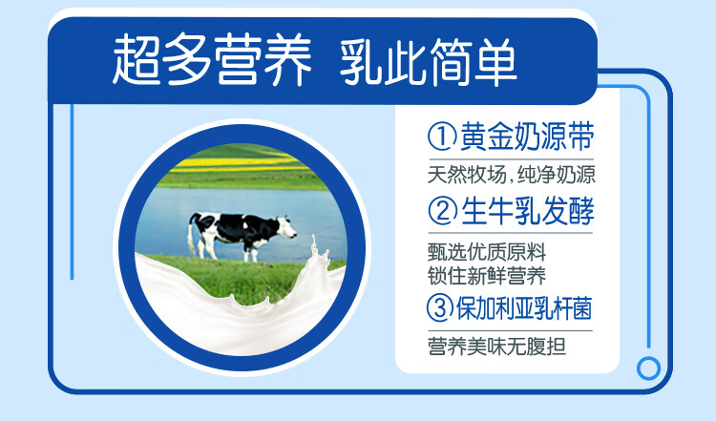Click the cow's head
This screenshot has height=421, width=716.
pyautogui.click(x=286, y=227)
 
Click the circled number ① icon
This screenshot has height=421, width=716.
pyautogui.click(x=442, y=137)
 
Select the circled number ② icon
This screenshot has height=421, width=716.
pyautogui.click(x=442, y=211)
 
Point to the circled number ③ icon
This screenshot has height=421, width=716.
pyautogui.click(x=440, y=307)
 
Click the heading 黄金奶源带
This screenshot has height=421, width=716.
pyautogui.click(x=527, y=137)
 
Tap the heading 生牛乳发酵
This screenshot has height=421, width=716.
pyautogui.click(x=527, y=211)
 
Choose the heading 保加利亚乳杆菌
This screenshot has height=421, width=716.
pyautogui.click(x=524, y=308)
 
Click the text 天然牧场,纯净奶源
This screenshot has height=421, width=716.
pyautogui.click(x=512, y=175)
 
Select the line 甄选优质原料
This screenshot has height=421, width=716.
pyautogui.click(x=487, y=252)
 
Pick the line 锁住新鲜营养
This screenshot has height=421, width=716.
pyautogui.click(x=487, y=276)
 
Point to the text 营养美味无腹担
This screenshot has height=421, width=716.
pyautogui.click(x=496, y=347)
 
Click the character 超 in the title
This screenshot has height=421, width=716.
pyautogui.click(x=137, y=61)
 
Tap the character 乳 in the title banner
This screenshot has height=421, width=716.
pyautogui.click(x=361, y=61)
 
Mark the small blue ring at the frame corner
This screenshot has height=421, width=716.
pyautogui.click(x=648, y=368)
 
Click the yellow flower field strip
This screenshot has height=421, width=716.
pyautogui.click(x=238, y=164)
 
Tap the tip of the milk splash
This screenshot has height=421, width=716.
pyautogui.click(x=314, y=237)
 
